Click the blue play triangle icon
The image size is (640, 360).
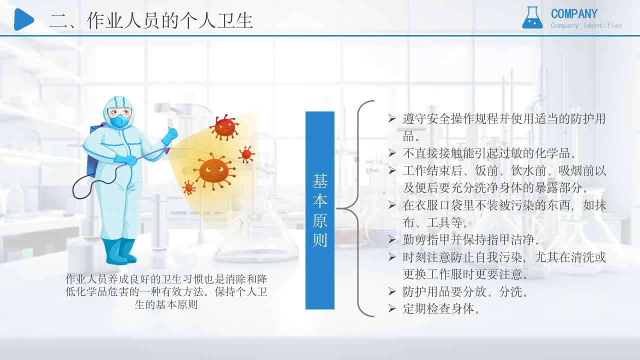(x=23, y=19)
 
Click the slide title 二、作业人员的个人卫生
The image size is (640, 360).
(x=151, y=20)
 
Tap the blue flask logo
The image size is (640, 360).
(x=532, y=18)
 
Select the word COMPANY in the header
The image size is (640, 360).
(x=574, y=14)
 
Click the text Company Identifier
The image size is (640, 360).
(x=586, y=25)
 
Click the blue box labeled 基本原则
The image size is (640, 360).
(x=320, y=210)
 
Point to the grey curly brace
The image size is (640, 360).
(x=358, y=208)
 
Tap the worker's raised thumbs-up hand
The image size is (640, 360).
(x=171, y=134)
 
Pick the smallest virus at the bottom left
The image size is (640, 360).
(x=189, y=187)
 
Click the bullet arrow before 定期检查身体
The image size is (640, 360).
(x=392, y=308)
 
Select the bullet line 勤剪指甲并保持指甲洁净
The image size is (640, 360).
(x=471, y=239)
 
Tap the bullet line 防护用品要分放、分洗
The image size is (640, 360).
(x=465, y=291)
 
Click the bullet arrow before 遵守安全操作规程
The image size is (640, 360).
(x=392, y=118)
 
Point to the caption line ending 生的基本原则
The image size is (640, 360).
(x=166, y=304)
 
